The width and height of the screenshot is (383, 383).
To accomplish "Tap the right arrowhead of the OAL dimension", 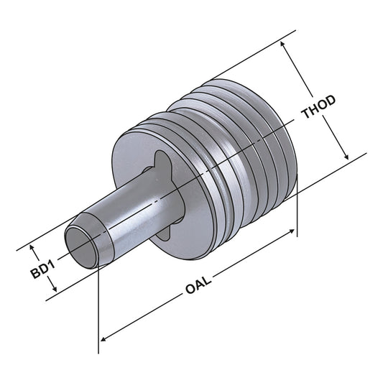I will pyautogui.click(x=292, y=231).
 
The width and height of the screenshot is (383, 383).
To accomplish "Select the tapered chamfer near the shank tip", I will pyautogui.click(x=97, y=230).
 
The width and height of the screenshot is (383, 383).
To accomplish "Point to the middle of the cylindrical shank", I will pyautogui.click(x=137, y=212).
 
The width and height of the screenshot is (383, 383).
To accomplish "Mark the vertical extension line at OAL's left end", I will pyautogui.click(x=98, y=309).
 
